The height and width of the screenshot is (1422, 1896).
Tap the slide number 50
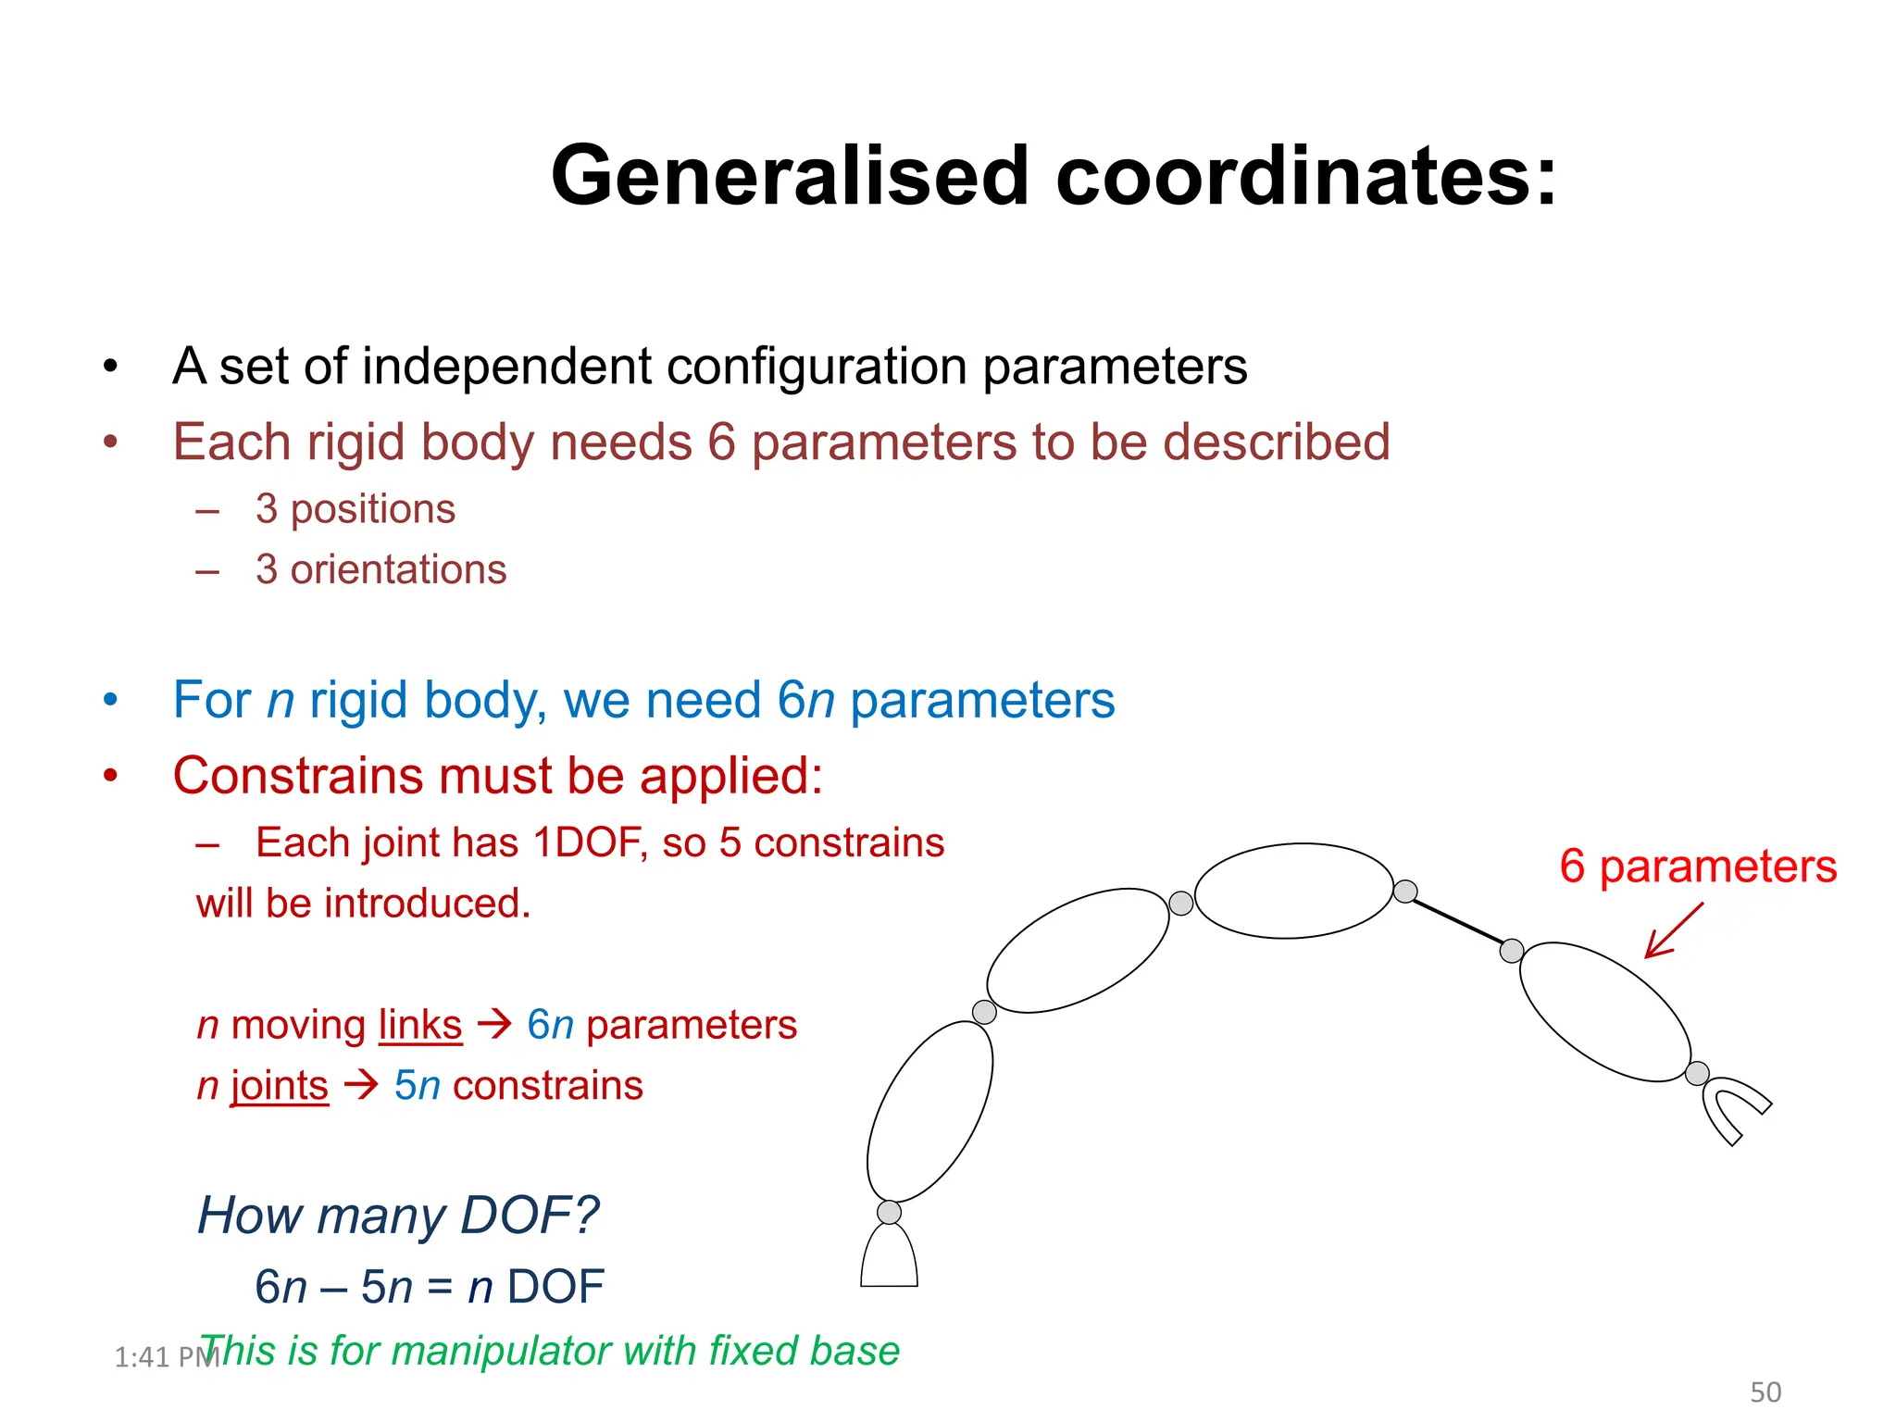click(1765, 1392)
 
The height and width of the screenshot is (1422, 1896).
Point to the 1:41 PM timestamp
click(165, 1357)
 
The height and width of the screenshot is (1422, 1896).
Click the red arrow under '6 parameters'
click(1673, 931)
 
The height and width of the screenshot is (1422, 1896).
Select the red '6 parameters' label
click(1697, 867)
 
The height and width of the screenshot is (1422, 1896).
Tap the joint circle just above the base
click(889, 1212)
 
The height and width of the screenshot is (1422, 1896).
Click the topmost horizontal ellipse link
click(1293, 891)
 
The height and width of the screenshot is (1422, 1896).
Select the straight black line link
click(1457, 920)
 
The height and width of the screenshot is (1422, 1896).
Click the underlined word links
click(420, 1025)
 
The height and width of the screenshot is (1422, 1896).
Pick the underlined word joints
click(280, 1085)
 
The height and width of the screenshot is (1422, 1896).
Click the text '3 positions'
click(355, 509)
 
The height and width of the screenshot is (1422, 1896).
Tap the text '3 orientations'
click(380, 569)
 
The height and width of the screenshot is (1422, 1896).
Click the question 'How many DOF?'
click(398, 1216)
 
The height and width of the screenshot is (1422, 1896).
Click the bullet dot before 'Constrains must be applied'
click(111, 776)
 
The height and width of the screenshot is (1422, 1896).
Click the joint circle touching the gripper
click(1697, 1074)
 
